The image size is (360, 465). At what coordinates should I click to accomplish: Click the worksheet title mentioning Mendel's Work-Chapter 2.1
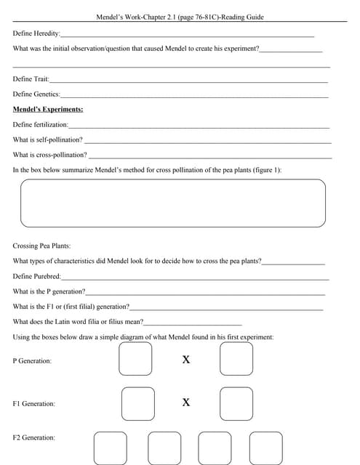pos(180,17)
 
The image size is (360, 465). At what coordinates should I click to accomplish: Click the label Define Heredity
pos(37,34)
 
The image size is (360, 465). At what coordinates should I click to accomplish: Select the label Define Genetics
pos(37,94)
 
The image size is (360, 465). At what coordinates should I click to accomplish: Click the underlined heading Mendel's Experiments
pos(48,109)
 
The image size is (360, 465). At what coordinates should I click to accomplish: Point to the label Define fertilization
pos(41,125)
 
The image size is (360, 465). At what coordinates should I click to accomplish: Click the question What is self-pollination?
pos(48,139)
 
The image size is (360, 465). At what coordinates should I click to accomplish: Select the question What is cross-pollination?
pos(50,155)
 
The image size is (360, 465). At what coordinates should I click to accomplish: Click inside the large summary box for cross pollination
pos(173,203)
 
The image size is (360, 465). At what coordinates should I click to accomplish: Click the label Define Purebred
pos(37,276)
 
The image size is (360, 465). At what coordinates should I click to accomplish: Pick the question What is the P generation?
pos(49,291)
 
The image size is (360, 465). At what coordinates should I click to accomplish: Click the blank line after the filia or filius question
pos(193,322)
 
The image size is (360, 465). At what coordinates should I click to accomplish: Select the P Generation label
pos(33,360)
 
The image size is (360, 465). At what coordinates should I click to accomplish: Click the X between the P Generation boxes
pos(186,360)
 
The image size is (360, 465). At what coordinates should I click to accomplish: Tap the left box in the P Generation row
pos(136,358)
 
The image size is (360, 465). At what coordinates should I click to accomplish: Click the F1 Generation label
pos(34,403)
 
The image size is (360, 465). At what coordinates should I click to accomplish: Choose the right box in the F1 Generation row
pos(236,403)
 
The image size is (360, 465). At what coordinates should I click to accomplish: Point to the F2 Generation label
pos(34,437)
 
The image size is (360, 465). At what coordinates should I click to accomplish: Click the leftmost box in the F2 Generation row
pos(111,447)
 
